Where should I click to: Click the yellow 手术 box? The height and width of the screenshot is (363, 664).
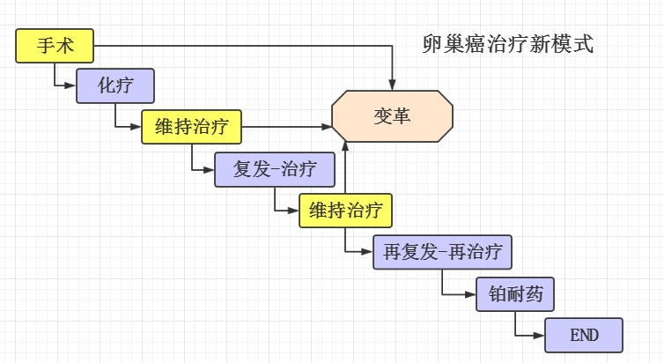coord(55,46)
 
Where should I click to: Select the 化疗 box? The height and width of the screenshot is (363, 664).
coord(115,85)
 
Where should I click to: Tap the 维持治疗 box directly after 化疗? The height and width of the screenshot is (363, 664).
coord(191,127)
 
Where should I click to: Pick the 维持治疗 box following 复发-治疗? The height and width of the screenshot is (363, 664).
coord(345,211)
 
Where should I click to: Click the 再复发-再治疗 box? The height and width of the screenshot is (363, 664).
coord(442,252)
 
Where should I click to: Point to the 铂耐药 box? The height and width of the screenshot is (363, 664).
coord(515,294)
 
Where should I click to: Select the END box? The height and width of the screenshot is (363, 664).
coord(584,336)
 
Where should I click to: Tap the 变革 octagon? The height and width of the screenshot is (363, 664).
coord(392,115)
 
